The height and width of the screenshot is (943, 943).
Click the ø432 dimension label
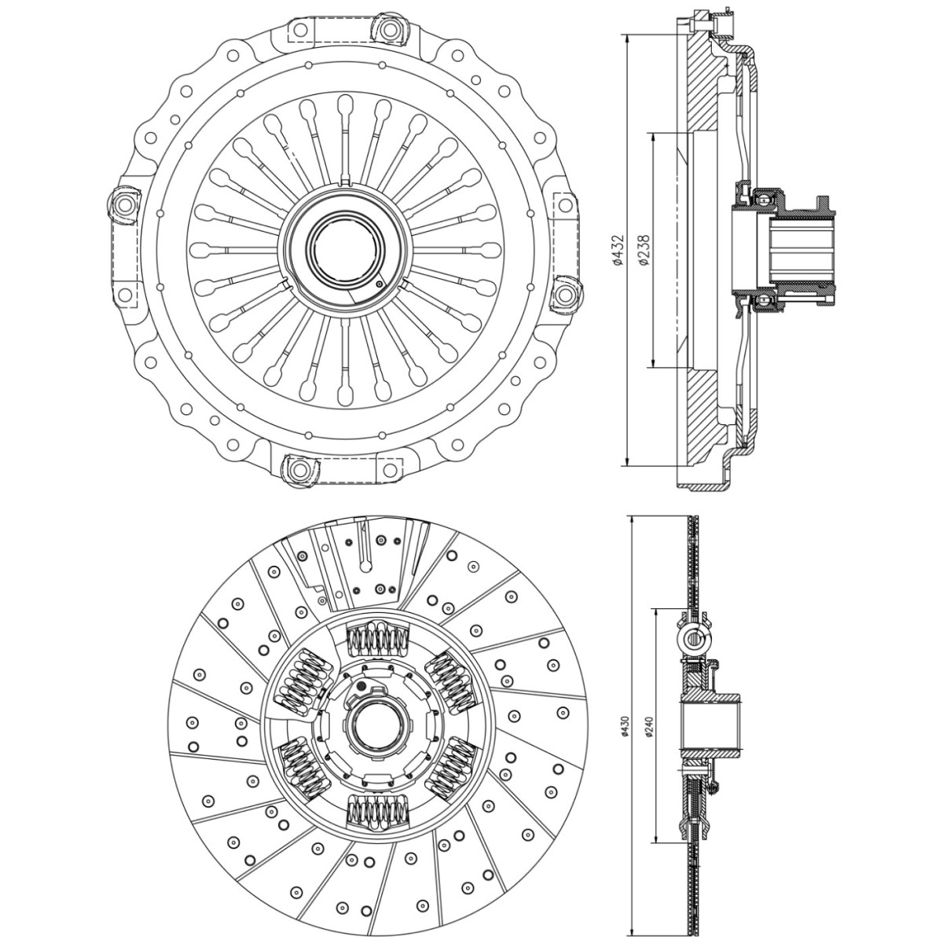tap(618, 250)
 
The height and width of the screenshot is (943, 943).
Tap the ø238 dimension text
tap(645, 250)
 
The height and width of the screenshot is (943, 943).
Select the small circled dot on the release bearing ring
tap(380, 284)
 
